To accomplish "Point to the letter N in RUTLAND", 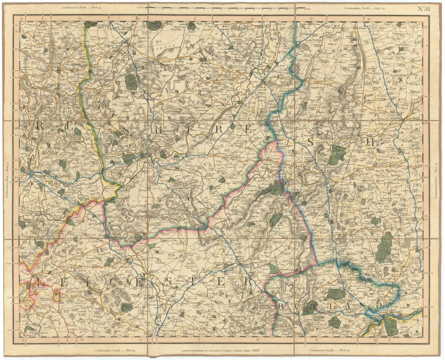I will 364,304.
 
